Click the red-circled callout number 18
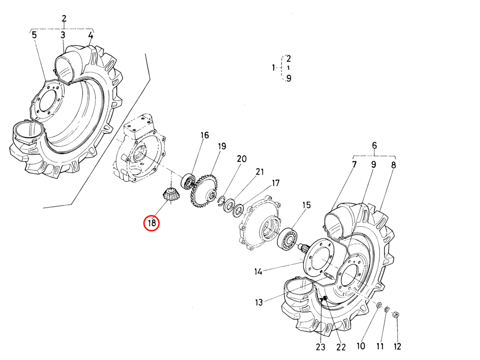pyautogui.click(x=152, y=223)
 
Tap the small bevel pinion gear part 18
pyautogui.click(x=170, y=194)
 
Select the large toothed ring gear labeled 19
pyautogui.click(x=204, y=191)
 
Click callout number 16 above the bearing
pyautogui.click(x=204, y=135)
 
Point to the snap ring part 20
pyautogui.click(x=222, y=201)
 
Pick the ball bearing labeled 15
pyautogui.click(x=287, y=239)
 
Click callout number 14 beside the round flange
pyautogui.click(x=258, y=272)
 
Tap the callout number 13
pyautogui.click(x=259, y=302)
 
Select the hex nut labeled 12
pyautogui.click(x=396, y=315)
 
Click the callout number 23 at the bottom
pyautogui.click(x=320, y=347)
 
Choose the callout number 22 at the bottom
pyautogui.click(x=341, y=347)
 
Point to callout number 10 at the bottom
pyautogui.click(x=361, y=346)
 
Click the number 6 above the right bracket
pyautogui.click(x=374, y=145)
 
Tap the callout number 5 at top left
pyautogui.click(x=34, y=35)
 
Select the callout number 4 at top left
pyautogui.click(x=91, y=35)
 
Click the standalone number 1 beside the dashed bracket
pyautogui.click(x=273, y=68)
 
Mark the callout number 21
pyautogui.click(x=260, y=172)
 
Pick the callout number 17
pyautogui.click(x=275, y=183)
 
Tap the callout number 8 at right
pyautogui.click(x=394, y=165)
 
